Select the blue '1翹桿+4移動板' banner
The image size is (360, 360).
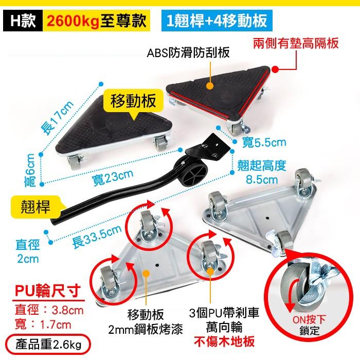coord(215,21)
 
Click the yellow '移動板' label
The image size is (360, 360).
coord(133,100)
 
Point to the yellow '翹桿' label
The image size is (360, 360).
coord(36,207)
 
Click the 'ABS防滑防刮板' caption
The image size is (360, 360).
coord(188,53)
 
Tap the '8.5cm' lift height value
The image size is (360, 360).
coord(262,180)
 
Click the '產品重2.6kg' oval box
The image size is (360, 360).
coord(48,341)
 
